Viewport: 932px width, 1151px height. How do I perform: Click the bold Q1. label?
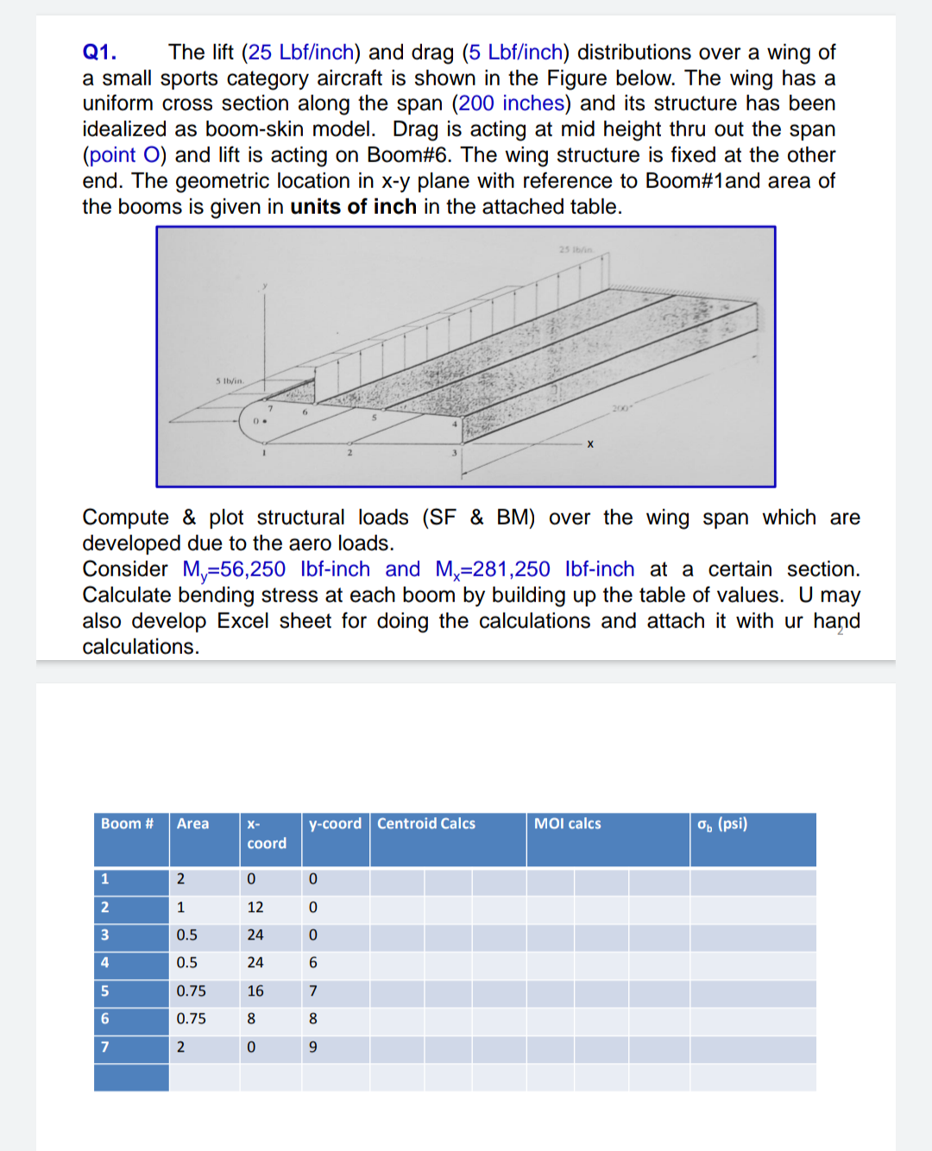coord(99,52)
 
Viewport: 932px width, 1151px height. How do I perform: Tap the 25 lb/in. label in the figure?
coord(576,249)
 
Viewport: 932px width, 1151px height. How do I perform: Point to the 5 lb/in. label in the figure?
coord(230,381)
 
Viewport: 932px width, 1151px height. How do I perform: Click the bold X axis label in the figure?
coord(590,444)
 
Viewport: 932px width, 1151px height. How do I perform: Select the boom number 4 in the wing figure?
coord(455,425)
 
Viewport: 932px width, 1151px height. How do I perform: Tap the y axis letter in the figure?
coord(265,286)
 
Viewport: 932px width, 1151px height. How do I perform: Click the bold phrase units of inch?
coord(353,207)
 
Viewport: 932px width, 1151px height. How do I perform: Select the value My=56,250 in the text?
coord(234,569)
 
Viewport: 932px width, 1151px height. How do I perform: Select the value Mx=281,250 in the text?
coord(493,569)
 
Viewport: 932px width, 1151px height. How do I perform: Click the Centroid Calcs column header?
coord(426,824)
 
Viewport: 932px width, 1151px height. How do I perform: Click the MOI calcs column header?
coord(567,824)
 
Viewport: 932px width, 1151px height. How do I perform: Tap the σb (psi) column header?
coord(722,824)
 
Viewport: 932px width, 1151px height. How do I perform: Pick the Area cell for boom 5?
coord(191,991)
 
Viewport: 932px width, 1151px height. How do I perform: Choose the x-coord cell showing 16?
coord(255,991)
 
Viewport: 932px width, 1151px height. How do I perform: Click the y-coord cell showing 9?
coord(313,1047)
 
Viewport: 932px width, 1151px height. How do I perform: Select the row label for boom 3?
coord(105,935)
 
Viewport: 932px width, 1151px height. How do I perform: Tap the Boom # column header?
coord(127,824)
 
